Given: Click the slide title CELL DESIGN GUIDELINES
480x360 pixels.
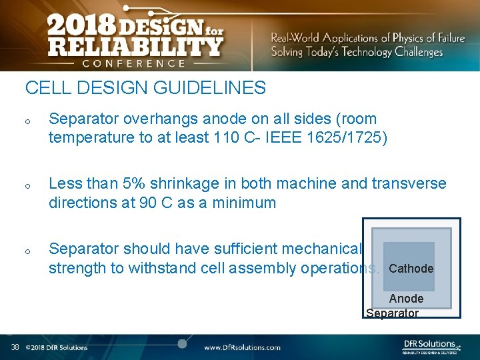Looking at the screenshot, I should tap(145, 88).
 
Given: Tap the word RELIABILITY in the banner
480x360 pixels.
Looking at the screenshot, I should tap(134, 47).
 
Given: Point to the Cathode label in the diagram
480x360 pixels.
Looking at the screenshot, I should tap(411, 269).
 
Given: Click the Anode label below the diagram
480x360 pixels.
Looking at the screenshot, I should tap(406, 299).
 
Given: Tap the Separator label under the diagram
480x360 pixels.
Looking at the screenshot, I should tap(393, 313).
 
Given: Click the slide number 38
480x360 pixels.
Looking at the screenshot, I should tap(15, 347).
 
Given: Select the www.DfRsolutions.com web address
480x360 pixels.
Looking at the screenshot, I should tap(242, 347).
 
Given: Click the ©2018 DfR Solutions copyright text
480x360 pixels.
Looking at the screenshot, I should tap(57, 347).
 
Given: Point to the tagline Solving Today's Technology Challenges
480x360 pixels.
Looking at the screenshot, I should tap(357, 52).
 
